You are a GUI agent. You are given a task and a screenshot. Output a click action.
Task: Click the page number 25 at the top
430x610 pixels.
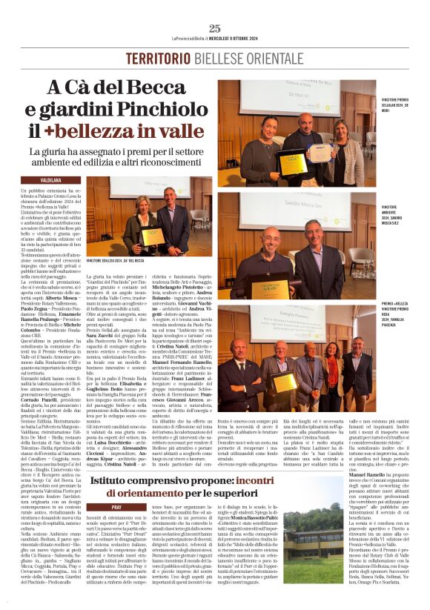[215, 28]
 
